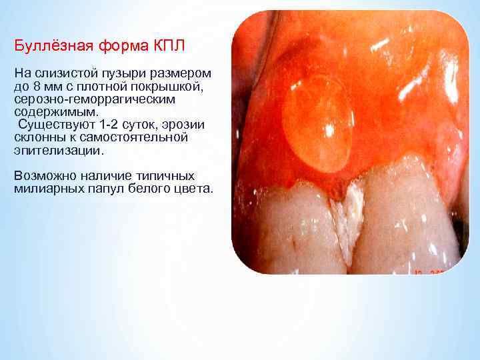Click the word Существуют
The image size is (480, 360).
(x=57, y=125)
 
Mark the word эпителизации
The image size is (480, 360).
(x=58, y=150)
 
